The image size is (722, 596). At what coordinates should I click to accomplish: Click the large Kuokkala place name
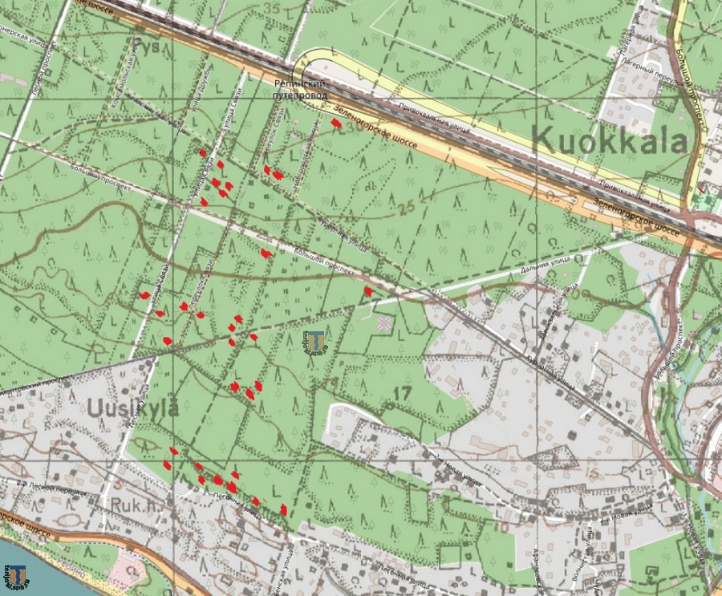pyautogui.click(x=610, y=141)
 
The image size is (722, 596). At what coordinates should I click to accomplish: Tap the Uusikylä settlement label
pyautogui.click(x=133, y=407)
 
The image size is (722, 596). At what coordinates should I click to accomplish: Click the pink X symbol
pyautogui.click(x=384, y=323)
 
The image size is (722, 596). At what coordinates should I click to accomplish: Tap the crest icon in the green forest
pyautogui.click(x=315, y=343)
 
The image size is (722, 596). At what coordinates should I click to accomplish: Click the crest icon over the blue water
pyautogui.click(x=17, y=575)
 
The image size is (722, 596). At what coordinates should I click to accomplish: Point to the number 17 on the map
pyautogui.click(x=402, y=393)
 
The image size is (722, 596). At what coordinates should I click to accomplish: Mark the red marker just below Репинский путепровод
pyautogui.click(x=336, y=122)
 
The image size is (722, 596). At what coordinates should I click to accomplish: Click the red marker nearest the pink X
pyautogui.click(x=368, y=291)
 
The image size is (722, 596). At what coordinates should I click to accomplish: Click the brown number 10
pyautogui.click(x=501, y=527)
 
